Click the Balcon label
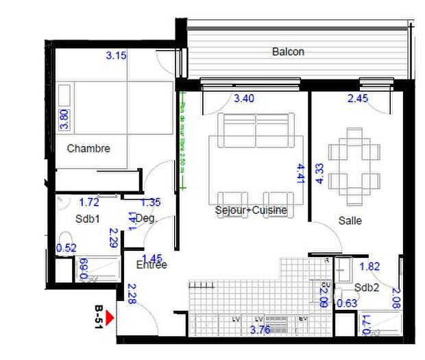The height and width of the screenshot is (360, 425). point(288,51)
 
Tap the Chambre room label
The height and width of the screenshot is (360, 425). point(88,148)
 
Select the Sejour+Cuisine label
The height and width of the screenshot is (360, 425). point(250,210)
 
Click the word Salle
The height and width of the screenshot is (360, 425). point(350,221)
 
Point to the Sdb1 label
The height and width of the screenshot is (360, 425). point(88,219)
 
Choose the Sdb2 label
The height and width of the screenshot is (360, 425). point(367,287)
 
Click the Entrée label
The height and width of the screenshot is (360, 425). point(151,264)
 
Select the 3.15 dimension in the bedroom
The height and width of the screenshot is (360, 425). point(116,56)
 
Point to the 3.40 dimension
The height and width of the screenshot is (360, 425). point(244,98)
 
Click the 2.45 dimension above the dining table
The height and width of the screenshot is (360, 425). point(358,98)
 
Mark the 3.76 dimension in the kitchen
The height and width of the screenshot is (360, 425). point(260,330)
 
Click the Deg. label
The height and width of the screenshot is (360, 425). point(147,219)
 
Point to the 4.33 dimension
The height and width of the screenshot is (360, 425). point(319,173)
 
